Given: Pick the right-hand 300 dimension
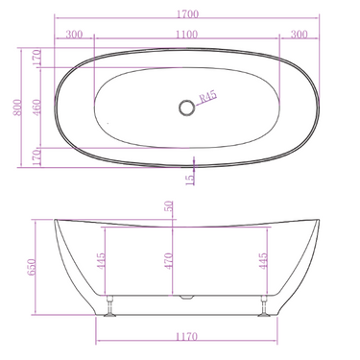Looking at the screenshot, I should click(298, 35).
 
